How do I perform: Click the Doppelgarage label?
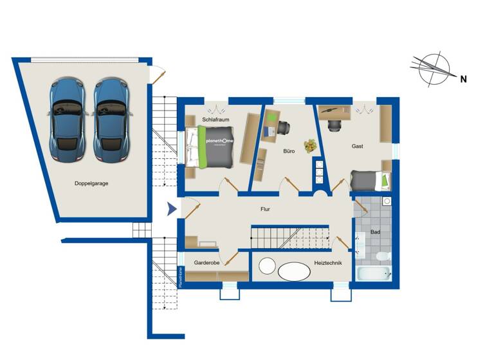pyautogui.click(x=91, y=183)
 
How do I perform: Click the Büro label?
pyautogui.click(x=289, y=152)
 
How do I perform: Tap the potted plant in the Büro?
pyautogui.click(x=312, y=146)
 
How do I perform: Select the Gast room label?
pyautogui.click(x=358, y=147)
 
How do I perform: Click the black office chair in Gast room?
pyautogui.click(x=334, y=125)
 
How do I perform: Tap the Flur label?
pyautogui.click(x=265, y=210)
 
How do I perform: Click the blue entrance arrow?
pyautogui.click(x=171, y=209)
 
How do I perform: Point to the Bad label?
pyautogui.click(x=375, y=231)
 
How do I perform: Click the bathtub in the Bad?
pyautogui.click(x=373, y=274)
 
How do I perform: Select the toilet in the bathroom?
pyautogui.click(x=381, y=256)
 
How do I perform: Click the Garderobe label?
pyautogui.click(x=207, y=263)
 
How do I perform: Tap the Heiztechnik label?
pyautogui.click(x=328, y=263)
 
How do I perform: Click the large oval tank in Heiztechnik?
pyautogui.click(x=294, y=271)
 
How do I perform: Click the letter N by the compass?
pyautogui.click(x=462, y=79)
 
